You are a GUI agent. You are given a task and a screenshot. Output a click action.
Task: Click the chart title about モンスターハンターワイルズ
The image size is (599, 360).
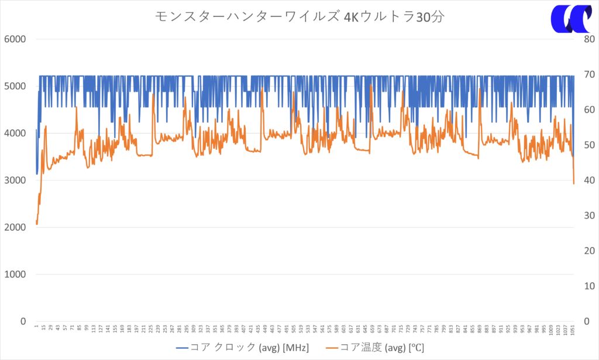coord(299,16)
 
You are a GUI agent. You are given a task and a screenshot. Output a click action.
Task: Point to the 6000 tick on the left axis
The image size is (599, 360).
coord(16,39)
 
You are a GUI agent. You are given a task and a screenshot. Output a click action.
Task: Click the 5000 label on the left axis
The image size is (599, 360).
coord(16,86)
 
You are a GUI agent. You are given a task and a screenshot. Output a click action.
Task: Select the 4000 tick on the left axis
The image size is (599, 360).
coord(16,133)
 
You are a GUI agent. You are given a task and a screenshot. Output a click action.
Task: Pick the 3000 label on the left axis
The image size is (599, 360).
coord(16,180)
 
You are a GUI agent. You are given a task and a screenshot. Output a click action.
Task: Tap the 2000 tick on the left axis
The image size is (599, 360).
coord(16,227)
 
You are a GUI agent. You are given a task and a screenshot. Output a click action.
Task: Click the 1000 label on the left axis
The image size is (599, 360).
coord(16,274)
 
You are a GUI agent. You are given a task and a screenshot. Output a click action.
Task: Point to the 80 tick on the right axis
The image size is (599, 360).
coord(586,39)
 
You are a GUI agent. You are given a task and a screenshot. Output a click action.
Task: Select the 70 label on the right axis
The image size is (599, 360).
coord(586,74)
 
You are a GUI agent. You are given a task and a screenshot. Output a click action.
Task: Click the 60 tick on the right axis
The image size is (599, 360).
coord(586,109)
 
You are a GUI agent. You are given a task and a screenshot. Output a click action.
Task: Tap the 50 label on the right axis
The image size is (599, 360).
coord(586,145)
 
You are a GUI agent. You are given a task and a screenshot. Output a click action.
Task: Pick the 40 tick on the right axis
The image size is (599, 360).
coord(586,180)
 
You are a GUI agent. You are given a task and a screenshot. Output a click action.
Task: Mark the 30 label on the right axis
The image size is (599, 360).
coord(586,215)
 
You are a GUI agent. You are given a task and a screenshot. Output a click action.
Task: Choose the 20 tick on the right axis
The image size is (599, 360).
coord(586,251)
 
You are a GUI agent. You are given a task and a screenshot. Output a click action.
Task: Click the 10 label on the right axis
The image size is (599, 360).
coord(586,286)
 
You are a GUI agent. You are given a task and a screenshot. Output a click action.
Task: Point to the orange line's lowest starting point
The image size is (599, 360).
coord(37,224)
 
